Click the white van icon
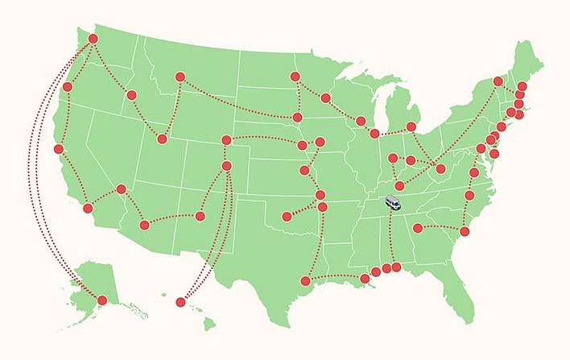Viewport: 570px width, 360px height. pyautogui.click(x=393, y=203)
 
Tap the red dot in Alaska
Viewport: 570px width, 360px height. pyautogui.click(x=102, y=300)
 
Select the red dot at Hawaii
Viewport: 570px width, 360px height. pyautogui.click(x=180, y=303)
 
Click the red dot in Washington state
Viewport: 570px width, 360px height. pyautogui.click(x=93, y=39)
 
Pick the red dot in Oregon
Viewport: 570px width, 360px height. pyautogui.click(x=68, y=87)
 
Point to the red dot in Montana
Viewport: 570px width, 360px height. pyautogui.click(x=180, y=77)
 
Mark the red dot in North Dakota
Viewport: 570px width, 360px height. pyautogui.click(x=295, y=77)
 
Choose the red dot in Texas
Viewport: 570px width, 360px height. pyautogui.click(x=305, y=280)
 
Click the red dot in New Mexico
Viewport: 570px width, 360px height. pyautogui.click(x=200, y=216)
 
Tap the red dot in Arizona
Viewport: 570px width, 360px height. pyautogui.click(x=145, y=225)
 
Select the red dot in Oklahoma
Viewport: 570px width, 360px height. pyautogui.click(x=286, y=216)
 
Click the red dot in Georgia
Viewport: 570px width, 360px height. pyautogui.click(x=417, y=228)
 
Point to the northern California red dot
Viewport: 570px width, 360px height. pyautogui.click(x=59, y=149)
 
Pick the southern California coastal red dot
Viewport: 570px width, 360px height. pyautogui.click(x=88, y=209)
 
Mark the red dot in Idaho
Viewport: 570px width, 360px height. pyautogui.click(x=131, y=95)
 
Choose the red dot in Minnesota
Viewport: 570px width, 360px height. pyautogui.click(x=325, y=98)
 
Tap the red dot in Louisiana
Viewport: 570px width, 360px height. pyautogui.click(x=365, y=279)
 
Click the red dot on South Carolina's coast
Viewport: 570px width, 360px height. pyautogui.click(x=465, y=231)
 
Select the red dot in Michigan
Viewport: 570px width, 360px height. pyautogui.click(x=411, y=126)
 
